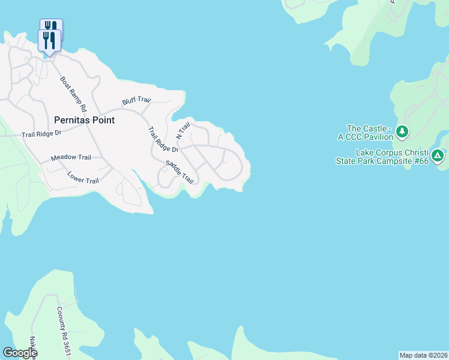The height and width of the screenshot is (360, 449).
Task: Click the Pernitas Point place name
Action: click(84, 120)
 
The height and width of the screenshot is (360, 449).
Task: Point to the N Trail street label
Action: click(182, 128)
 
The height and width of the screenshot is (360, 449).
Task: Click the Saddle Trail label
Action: click(180, 172)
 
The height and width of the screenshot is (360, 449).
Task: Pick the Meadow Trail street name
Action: click(71, 157)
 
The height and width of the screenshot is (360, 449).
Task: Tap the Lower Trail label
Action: click(83, 178)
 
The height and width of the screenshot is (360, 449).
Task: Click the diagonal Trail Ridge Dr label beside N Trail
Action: click(163, 140)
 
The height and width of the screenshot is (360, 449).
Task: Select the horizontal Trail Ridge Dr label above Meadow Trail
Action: click(41, 135)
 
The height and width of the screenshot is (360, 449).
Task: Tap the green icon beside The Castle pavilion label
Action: click(403, 131)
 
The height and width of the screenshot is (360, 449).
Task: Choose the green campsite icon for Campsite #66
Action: click(438, 156)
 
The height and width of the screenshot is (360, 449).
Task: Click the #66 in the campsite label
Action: click(420, 161)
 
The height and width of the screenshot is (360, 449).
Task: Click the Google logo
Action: click(20, 353)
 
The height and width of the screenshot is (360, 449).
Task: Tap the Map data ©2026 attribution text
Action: click(423, 355)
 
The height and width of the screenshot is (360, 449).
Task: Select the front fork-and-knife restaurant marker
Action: click(49, 40)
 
